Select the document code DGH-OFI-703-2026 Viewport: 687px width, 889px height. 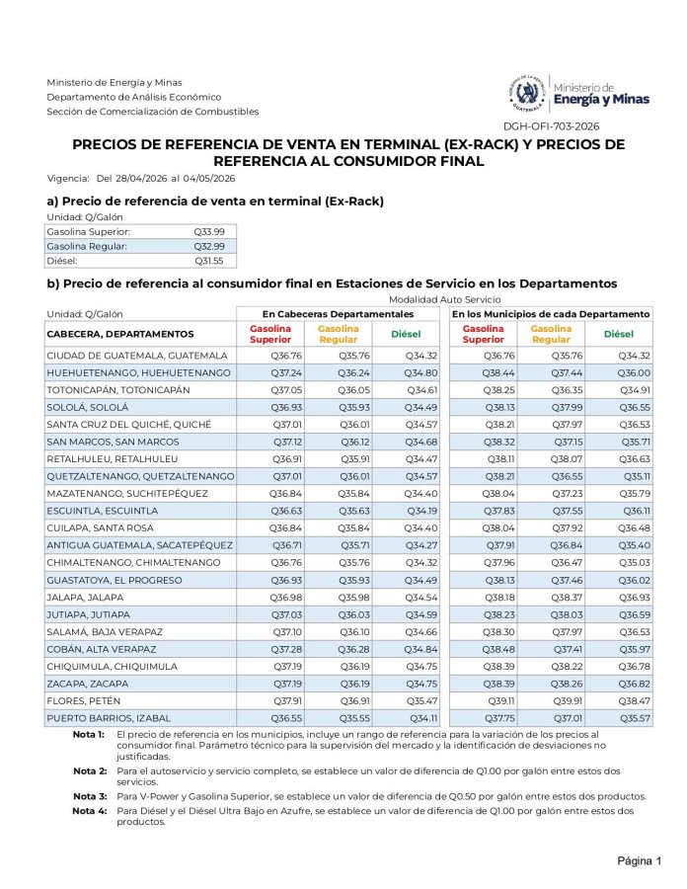[551, 125]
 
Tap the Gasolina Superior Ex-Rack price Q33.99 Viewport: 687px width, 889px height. [208, 231]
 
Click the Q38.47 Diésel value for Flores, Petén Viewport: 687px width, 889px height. [634, 700]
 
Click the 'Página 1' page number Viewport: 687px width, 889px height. [639, 860]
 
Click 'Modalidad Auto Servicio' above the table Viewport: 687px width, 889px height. [444, 299]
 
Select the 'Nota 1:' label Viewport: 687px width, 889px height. [89, 736]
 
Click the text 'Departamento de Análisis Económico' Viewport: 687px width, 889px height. [134, 97]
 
